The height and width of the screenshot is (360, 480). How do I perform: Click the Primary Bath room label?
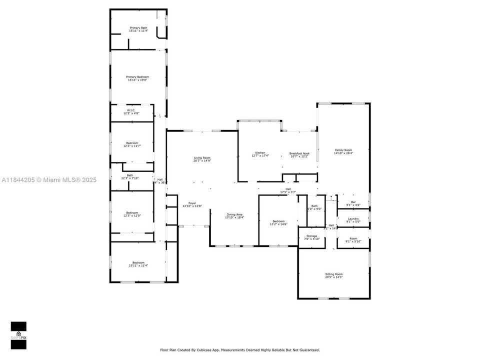point(138,29)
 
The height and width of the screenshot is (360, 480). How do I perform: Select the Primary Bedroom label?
point(137,78)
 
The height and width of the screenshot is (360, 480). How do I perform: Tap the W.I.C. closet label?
point(131,111)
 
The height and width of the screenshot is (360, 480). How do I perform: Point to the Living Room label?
point(202,159)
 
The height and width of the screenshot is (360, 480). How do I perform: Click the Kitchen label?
point(260,154)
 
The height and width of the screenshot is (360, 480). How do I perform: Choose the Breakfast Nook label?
point(299,154)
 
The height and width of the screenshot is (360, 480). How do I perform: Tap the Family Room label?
point(343,151)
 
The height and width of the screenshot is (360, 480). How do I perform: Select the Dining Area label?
point(234,215)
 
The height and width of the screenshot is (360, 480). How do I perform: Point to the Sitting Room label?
point(334,275)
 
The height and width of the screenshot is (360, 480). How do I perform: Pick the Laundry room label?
point(353,220)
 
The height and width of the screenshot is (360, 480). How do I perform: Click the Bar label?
point(353,203)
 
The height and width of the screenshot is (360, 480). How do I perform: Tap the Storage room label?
point(311,237)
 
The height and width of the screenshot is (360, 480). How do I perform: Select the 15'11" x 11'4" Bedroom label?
point(138,264)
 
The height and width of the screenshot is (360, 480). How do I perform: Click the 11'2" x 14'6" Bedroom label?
point(278,222)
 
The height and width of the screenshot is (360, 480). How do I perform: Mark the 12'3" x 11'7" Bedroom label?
point(132,144)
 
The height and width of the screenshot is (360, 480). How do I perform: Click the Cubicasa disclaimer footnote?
point(239,350)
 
